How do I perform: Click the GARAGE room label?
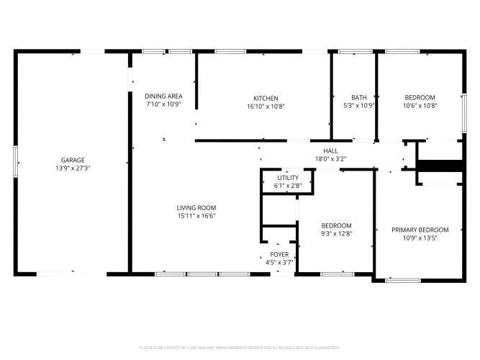tap(73, 160)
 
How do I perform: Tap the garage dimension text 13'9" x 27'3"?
tap(73, 168)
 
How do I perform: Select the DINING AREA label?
tap(163, 96)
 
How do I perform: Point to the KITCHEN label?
tap(266, 99)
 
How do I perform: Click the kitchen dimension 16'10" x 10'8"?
tap(266, 107)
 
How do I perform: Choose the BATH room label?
tap(359, 97)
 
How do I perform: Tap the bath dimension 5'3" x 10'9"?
tap(359, 105)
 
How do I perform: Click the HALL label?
tap(330, 150)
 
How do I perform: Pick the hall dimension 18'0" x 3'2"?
tap(330, 158)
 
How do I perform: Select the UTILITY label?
tap(288, 178)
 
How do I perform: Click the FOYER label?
tap(279, 254)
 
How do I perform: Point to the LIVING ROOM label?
tap(196, 208)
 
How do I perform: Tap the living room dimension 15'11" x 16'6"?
tap(196, 216)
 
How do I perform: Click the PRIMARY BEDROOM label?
tap(420, 230)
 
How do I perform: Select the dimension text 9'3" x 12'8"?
tap(336, 234)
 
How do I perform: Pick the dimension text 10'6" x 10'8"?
tap(420, 105)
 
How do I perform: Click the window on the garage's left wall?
tap(15, 161)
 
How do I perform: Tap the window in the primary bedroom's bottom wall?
tap(403, 280)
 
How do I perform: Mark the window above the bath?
tap(355, 51)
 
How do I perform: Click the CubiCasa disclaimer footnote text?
tap(240, 348)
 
